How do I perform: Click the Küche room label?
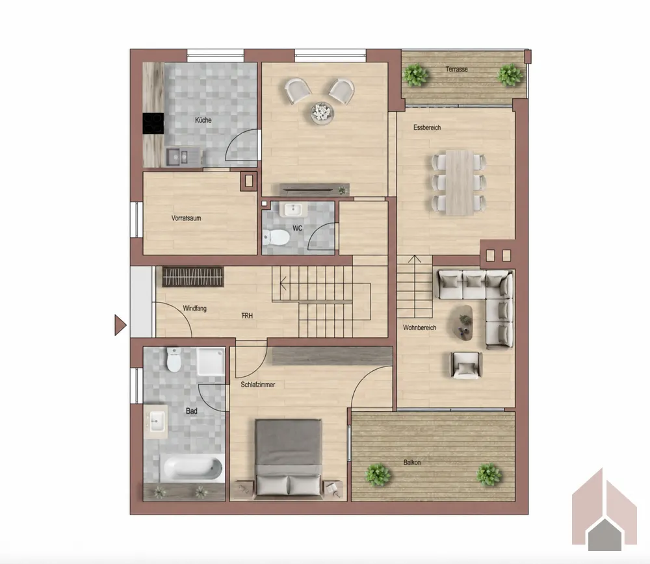point(203,120)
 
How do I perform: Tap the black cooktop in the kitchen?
point(153,123)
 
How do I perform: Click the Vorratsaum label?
point(186,218)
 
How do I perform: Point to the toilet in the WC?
point(276,237)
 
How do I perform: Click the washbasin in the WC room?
point(294,209)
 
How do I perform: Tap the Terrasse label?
point(456,70)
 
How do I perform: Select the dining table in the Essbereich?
point(460,183)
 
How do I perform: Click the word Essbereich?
point(427,127)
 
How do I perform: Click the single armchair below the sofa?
point(466,365)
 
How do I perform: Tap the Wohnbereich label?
point(419,327)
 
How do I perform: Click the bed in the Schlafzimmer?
point(289,457)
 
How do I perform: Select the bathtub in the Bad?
point(192,467)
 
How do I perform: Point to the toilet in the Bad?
point(174,359)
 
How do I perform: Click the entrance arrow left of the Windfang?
point(120,325)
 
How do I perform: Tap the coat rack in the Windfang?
point(193,276)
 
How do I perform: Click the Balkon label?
point(412,462)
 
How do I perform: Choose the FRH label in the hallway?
point(247,316)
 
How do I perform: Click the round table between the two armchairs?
point(322,112)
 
